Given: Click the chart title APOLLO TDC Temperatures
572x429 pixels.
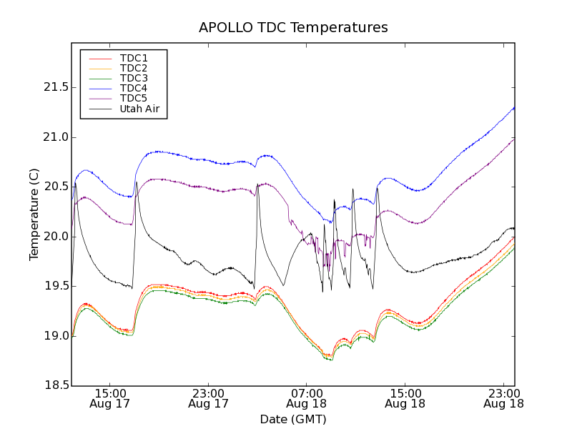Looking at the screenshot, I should coord(293,28).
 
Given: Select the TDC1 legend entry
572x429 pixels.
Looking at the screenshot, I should coord(134,58).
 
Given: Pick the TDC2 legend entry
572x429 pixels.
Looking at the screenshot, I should coord(134,68).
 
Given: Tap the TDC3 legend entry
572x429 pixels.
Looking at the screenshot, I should coord(134,78).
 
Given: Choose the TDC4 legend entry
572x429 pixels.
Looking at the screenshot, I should coord(134,88).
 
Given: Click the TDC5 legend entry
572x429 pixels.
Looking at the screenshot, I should coord(134,98).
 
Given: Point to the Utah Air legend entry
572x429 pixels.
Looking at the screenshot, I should coord(139,109).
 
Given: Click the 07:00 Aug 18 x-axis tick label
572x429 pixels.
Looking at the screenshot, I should coord(307,398).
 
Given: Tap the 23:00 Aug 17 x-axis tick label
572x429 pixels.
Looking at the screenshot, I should coord(208,398).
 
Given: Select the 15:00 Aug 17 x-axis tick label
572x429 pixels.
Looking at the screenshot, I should coord(110,398).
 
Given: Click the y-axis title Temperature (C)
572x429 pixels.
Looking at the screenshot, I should coord(34,214).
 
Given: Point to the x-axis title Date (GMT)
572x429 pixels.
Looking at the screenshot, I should coord(293,419).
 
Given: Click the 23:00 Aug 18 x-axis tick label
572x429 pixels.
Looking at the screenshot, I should coord(503,398).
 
